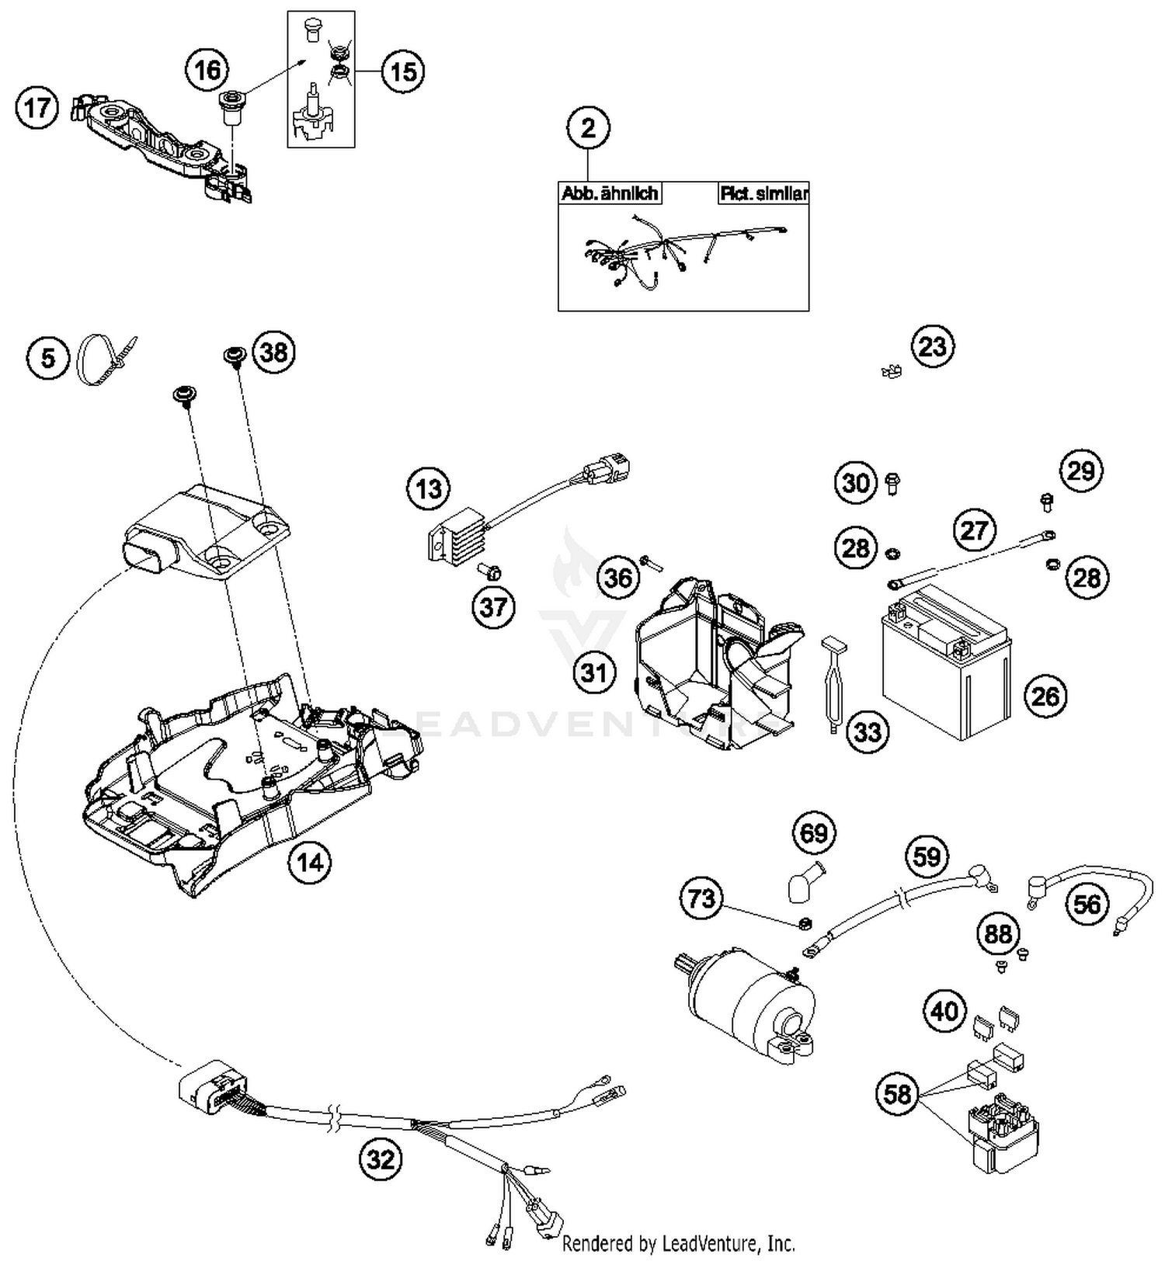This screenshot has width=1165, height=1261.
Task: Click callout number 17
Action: [x=37, y=107]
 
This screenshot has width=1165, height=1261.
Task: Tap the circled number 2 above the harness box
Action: [x=588, y=127]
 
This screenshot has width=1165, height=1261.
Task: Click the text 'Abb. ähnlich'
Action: [x=610, y=193]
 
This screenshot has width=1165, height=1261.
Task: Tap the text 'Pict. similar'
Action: [x=763, y=193]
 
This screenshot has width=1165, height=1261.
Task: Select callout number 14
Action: [x=309, y=862]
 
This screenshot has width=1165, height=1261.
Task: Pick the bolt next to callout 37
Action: [x=489, y=573]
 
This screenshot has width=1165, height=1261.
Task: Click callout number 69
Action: [x=814, y=833]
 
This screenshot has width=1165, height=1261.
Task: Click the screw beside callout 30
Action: [x=892, y=485]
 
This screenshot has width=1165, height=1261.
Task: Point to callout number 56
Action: [x=1087, y=903]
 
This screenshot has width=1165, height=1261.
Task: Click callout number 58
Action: [x=897, y=1094]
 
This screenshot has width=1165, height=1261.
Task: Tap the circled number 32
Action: [x=381, y=1159]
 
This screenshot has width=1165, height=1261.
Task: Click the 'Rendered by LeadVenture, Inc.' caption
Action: [x=678, y=1243]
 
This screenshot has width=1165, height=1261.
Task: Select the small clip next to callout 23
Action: [x=892, y=371]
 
